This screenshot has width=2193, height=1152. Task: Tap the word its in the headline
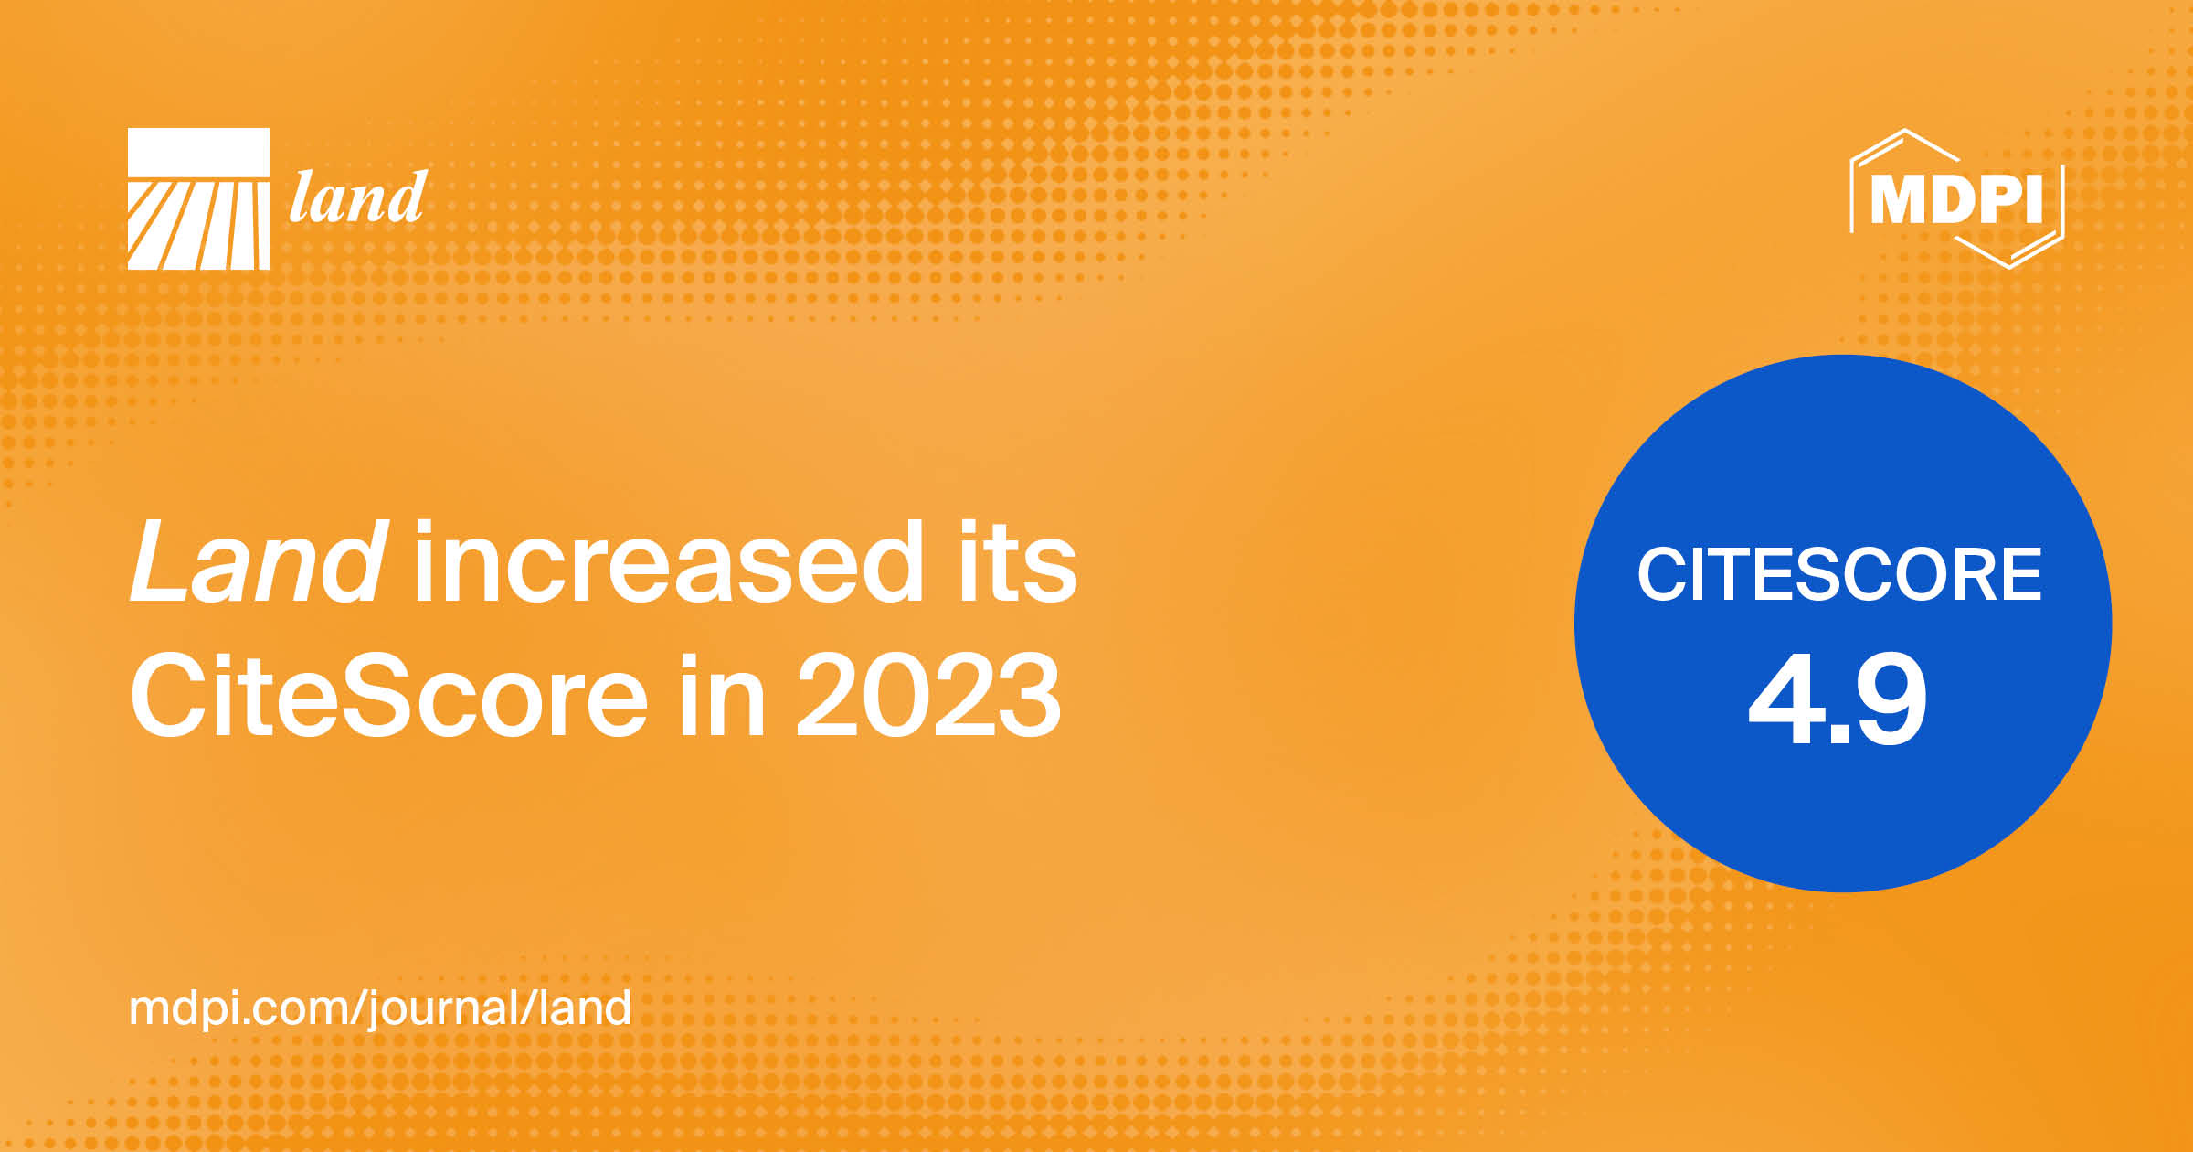tap(1017, 561)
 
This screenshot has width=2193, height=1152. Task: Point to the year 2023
tap(928, 697)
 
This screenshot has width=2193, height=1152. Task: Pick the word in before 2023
tap(721, 697)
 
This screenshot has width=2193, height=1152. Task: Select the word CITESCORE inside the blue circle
tap(1838, 575)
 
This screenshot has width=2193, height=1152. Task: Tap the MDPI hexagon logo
tap(1956, 198)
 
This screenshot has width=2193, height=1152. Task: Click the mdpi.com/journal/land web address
tap(379, 1008)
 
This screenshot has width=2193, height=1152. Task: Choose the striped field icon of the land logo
tap(198, 225)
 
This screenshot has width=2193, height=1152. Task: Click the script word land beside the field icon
tap(357, 198)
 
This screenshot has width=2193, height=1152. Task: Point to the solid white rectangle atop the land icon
tap(198, 152)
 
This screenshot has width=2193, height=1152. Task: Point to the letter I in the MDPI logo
tap(2034, 199)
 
